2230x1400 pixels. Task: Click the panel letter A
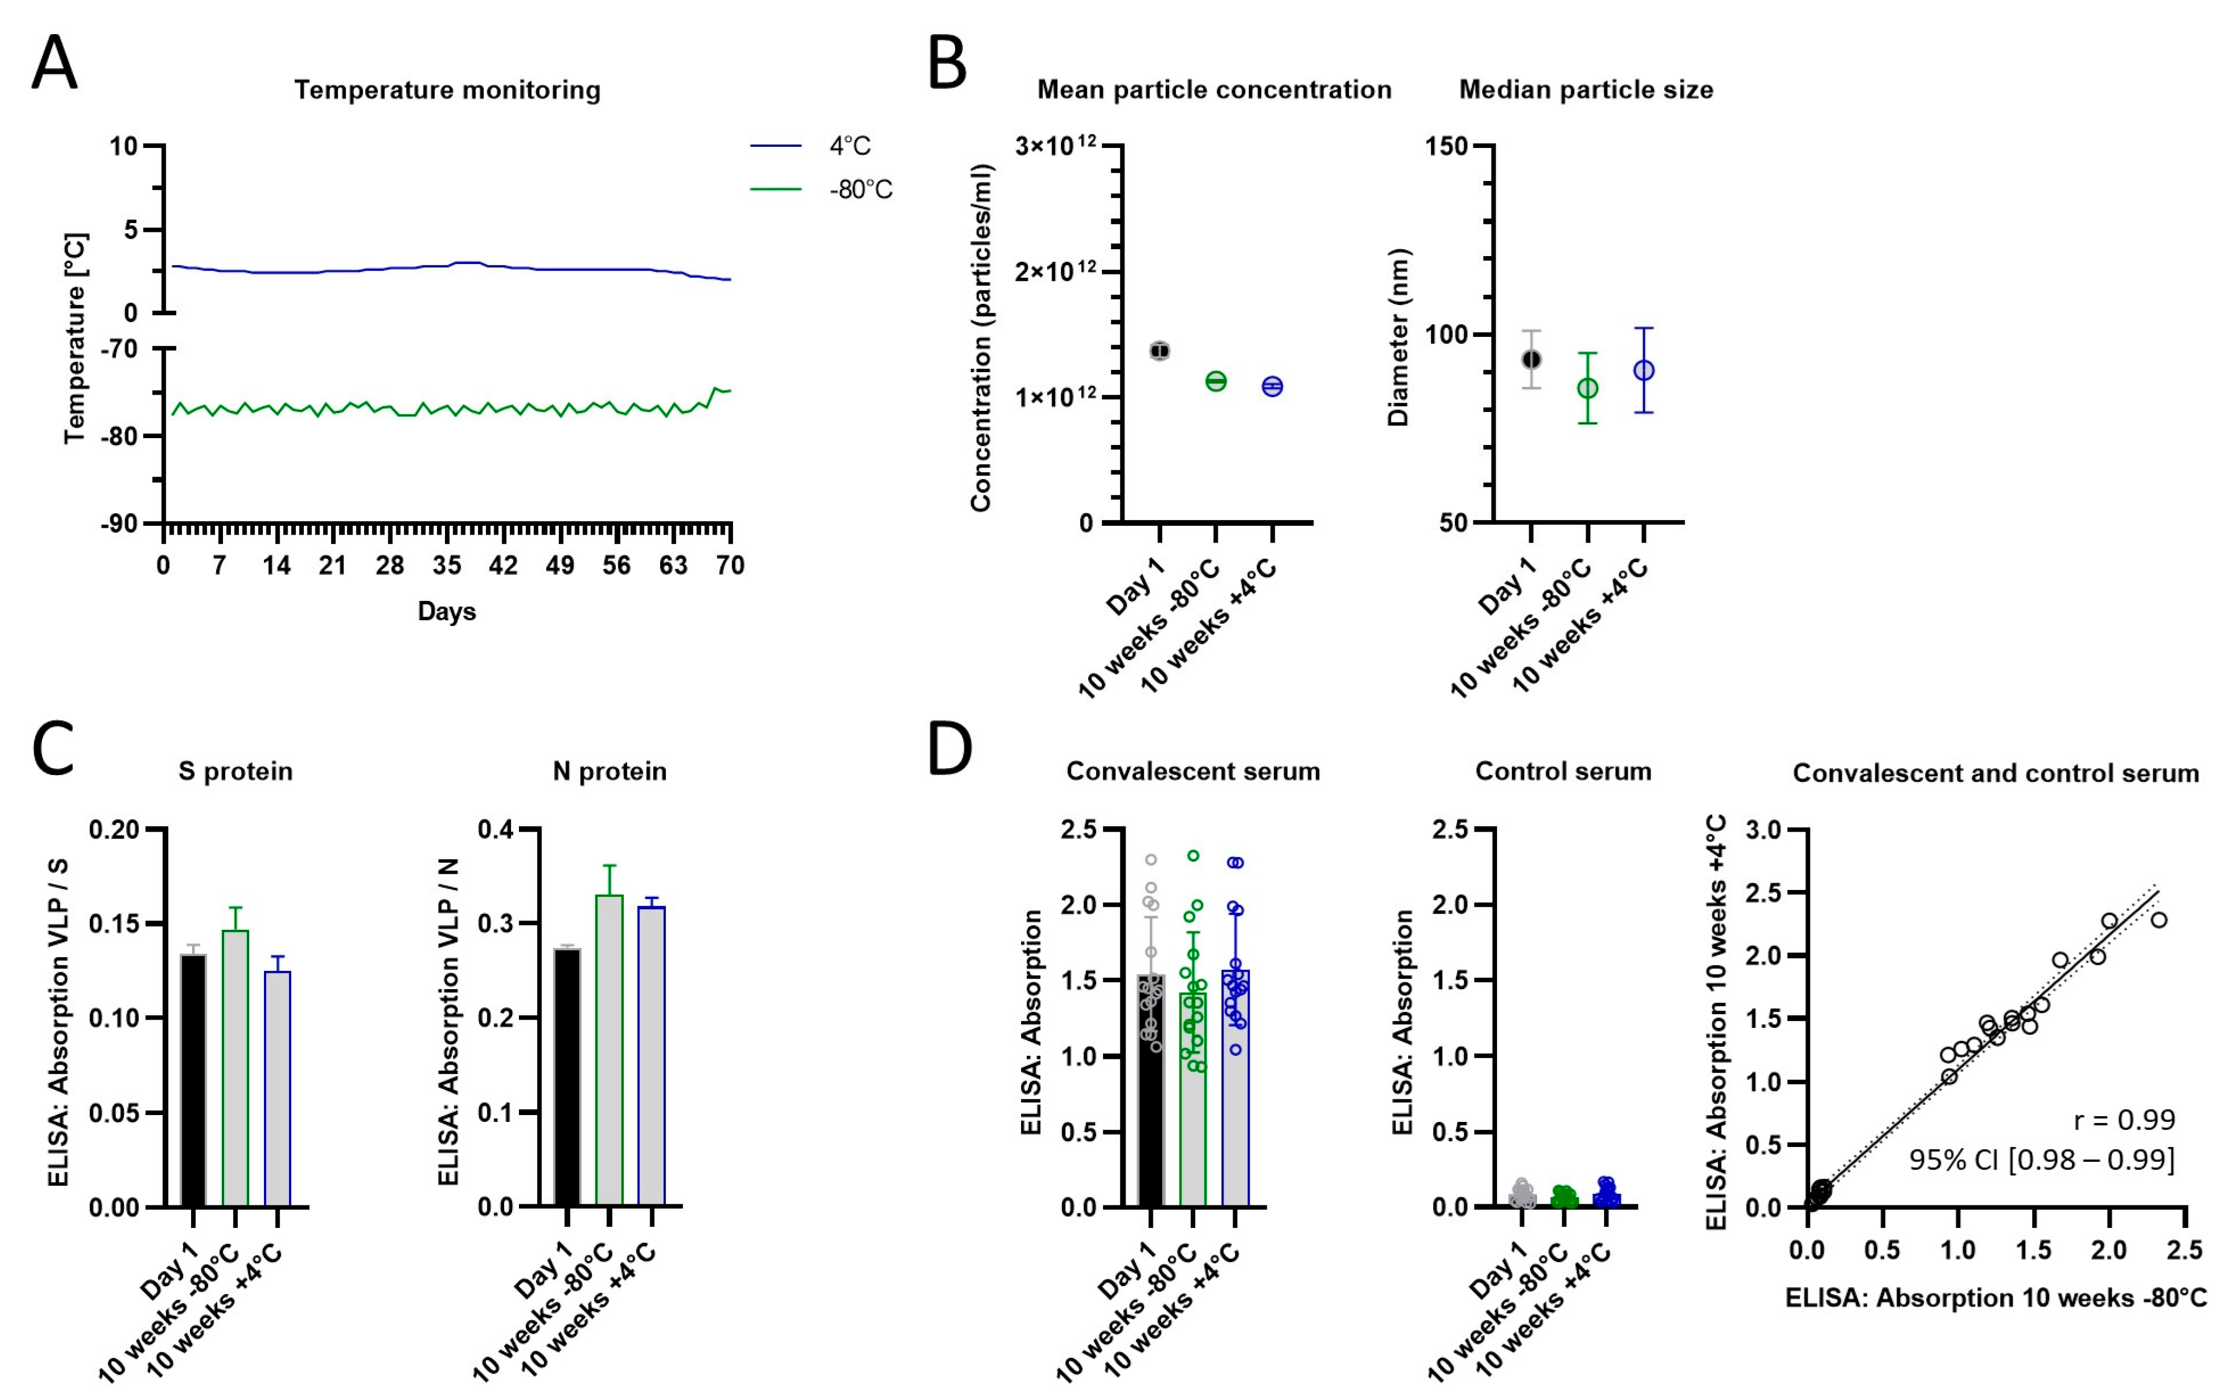click(54, 63)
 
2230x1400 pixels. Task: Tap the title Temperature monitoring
click(447, 90)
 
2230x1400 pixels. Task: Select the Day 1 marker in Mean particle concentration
click(1159, 351)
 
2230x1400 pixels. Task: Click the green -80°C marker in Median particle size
click(1588, 388)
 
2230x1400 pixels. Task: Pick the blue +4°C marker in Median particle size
click(1644, 370)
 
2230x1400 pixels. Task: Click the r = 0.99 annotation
click(2123, 1120)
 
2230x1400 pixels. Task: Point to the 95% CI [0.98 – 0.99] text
click(2041, 1159)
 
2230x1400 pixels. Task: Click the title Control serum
click(1563, 771)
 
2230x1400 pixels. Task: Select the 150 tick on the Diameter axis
click(1449, 146)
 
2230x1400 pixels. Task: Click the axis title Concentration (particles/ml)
click(981, 338)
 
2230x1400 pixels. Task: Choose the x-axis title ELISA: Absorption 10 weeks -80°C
click(1996, 1298)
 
